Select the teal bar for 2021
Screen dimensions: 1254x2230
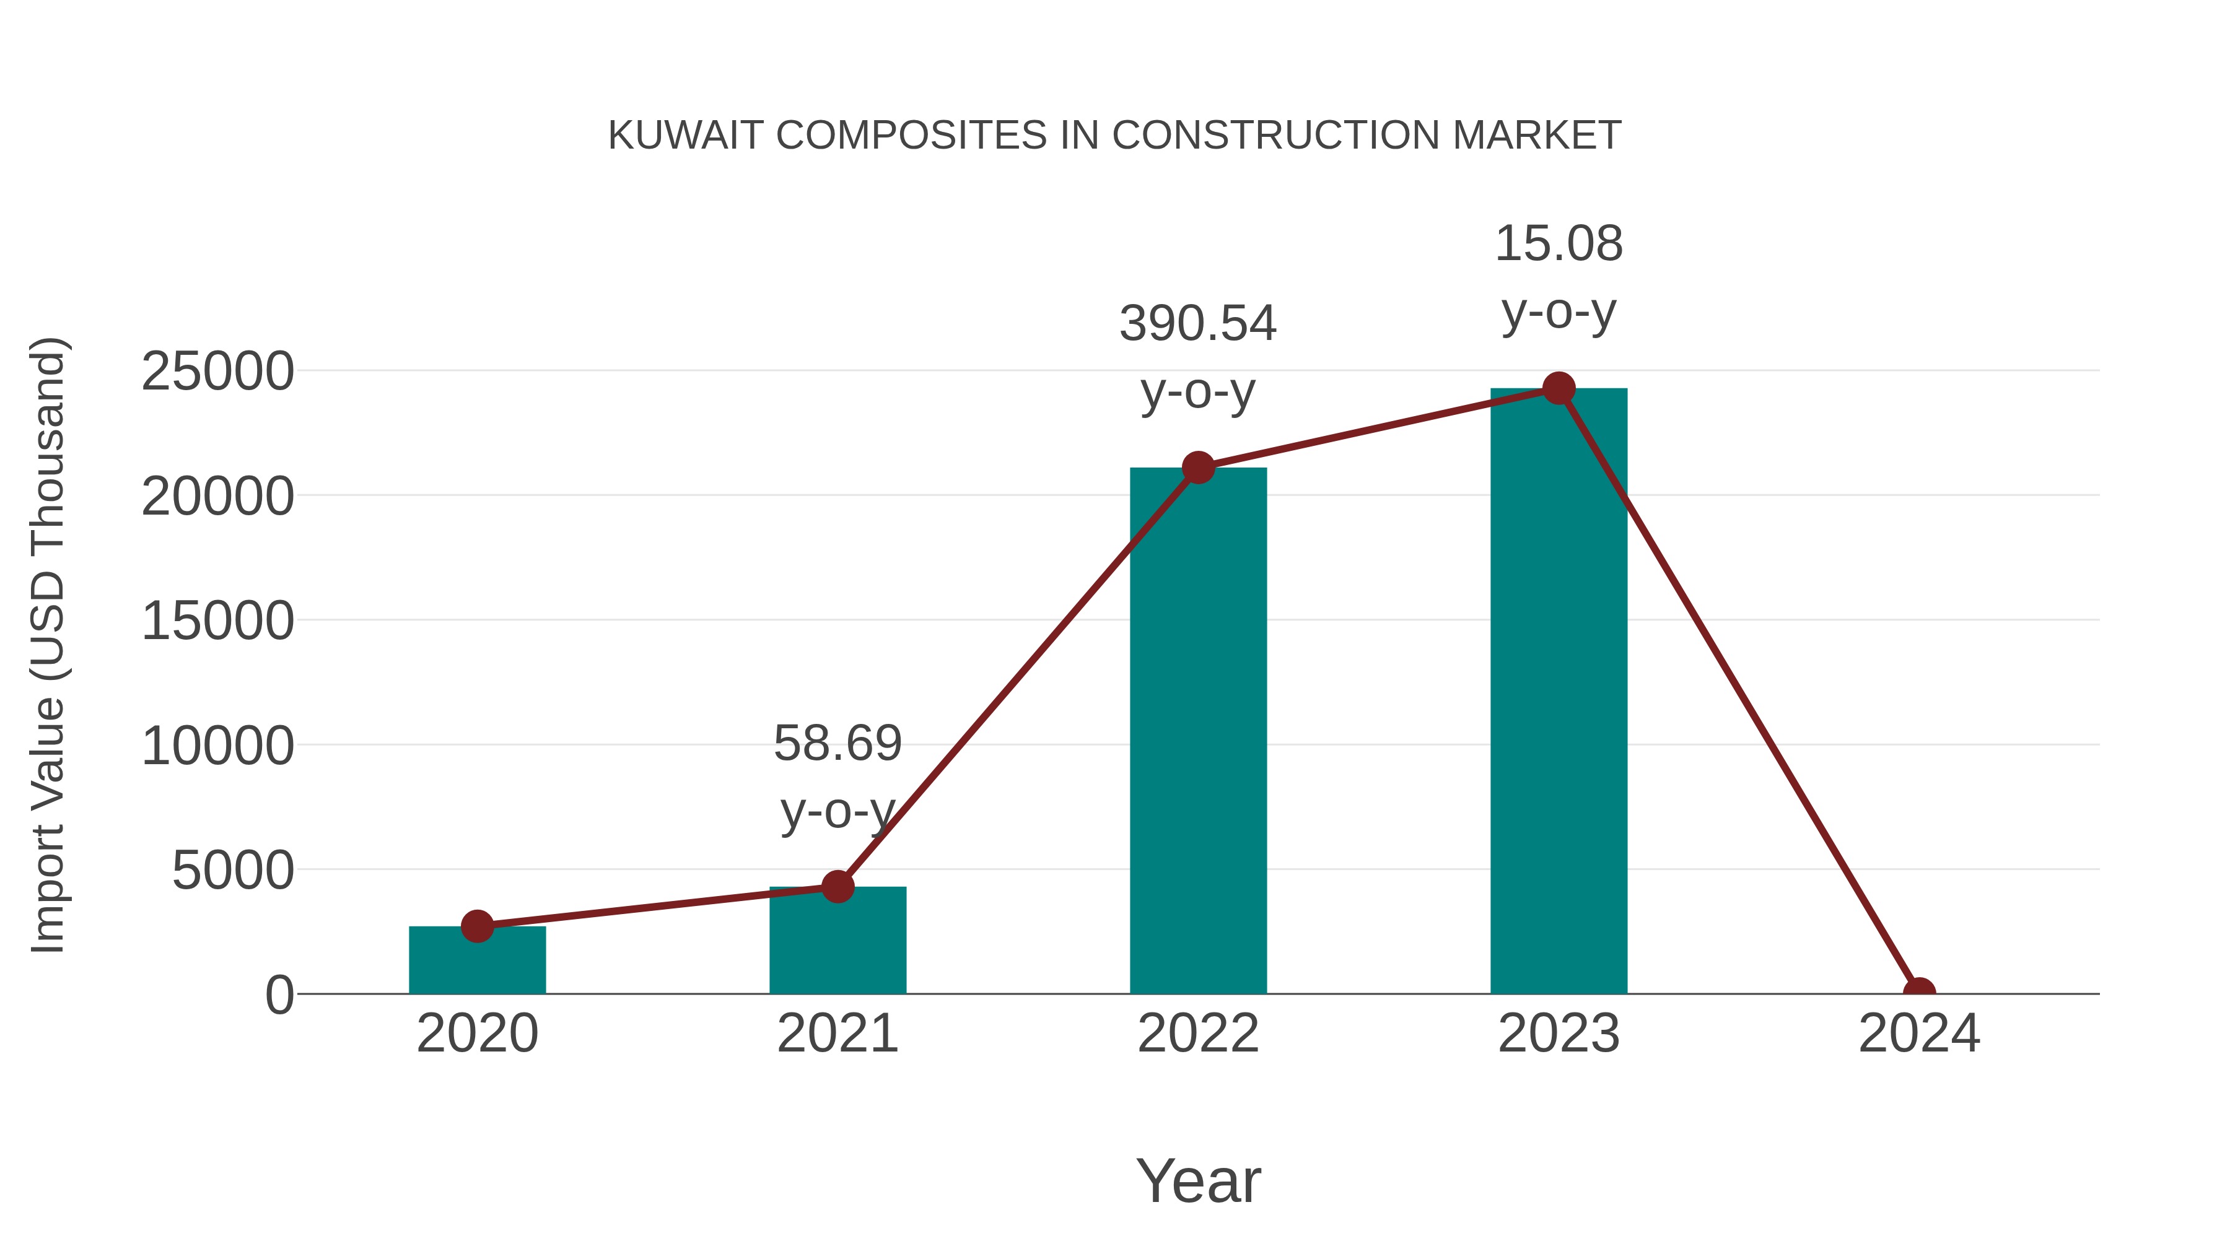[x=837, y=943]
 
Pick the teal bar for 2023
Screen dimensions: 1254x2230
[x=1559, y=692]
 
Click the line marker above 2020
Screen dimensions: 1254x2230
[x=477, y=926]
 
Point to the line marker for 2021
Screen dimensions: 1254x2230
[x=837, y=886]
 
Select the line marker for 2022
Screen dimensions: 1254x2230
[x=1198, y=468]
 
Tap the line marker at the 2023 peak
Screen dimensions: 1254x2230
[x=1559, y=388]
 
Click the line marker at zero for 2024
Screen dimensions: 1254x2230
[x=1919, y=992]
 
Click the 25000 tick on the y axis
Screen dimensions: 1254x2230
[x=217, y=372]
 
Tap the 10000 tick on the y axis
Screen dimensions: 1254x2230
[x=217, y=746]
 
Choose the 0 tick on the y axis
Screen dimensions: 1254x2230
[x=279, y=995]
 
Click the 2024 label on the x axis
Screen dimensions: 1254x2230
[x=1919, y=1034]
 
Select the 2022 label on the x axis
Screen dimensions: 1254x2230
[x=1198, y=1034]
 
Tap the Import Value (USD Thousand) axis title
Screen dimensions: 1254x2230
[x=48, y=645]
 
